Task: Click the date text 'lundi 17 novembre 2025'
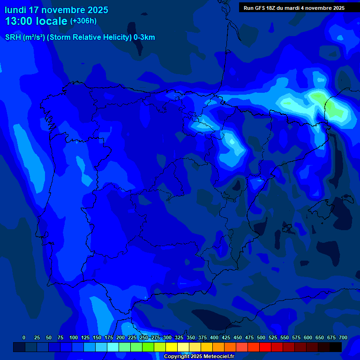tap(56, 10)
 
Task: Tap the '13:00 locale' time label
tap(36, 21)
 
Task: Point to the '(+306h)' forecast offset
tap(83, 21)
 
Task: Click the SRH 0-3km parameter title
tap(80, 37)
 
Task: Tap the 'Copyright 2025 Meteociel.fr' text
tap(199, 357)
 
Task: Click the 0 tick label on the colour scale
tap(24, 337)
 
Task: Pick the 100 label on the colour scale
tap(74, 337)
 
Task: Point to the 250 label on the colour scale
tap(144, 337)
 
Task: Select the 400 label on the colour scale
tap(214, 337)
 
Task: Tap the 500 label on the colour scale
tap(261, 337)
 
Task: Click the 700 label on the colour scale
tap(343, 337)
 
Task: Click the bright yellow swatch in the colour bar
tap(172, 347)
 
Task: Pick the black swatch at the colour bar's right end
tap(336, 347)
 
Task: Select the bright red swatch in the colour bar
tap(265, 347)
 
